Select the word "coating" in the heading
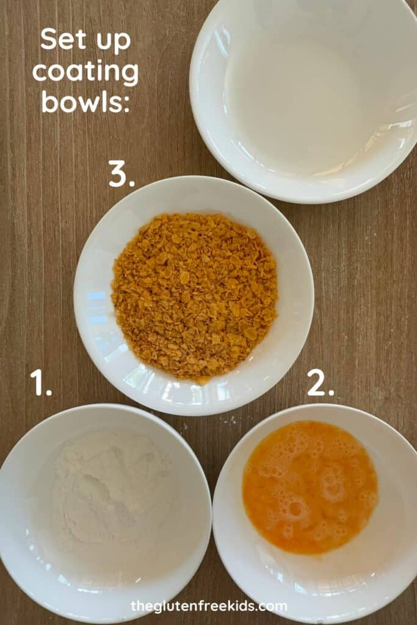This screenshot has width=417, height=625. coord(85,72)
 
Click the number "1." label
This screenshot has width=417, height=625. coord(41,383)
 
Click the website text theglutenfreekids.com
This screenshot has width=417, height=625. coord(209,606)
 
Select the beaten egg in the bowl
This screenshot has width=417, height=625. coord(310,487)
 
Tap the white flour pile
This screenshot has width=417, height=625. coord(114,488)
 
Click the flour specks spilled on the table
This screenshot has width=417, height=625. coord(229,420)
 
